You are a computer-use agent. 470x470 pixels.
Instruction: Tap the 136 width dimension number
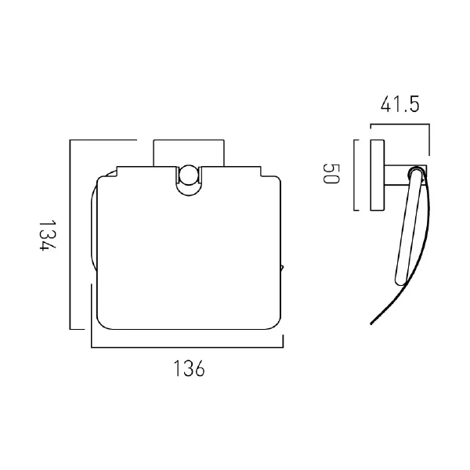[x=188, y=369]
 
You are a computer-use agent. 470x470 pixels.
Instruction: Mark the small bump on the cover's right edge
[x=282, y=269]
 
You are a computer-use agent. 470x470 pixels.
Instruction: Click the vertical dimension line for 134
[x=71, y=235]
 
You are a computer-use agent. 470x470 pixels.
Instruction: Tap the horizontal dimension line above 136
[x=188, y=346]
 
